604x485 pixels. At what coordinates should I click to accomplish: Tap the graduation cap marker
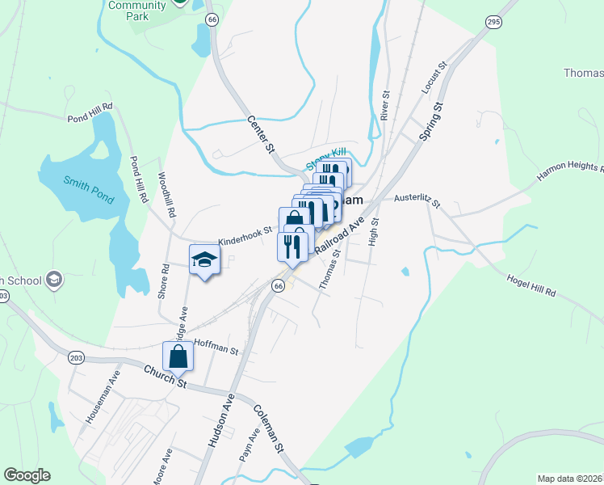coord(204,260)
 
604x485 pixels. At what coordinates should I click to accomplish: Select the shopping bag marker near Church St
coord(178,356)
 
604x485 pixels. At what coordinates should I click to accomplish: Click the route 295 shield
coord(493,23)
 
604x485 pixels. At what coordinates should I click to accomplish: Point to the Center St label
coord(261,134)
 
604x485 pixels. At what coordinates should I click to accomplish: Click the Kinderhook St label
coord(245,236)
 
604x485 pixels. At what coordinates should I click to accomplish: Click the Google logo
coord(27,475)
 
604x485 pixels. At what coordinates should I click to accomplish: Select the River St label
coord(386,105)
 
